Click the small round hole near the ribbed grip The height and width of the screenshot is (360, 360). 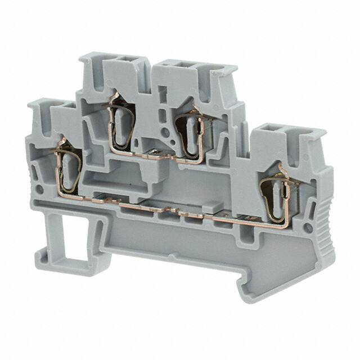308,228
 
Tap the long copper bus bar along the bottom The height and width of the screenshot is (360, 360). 169,213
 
